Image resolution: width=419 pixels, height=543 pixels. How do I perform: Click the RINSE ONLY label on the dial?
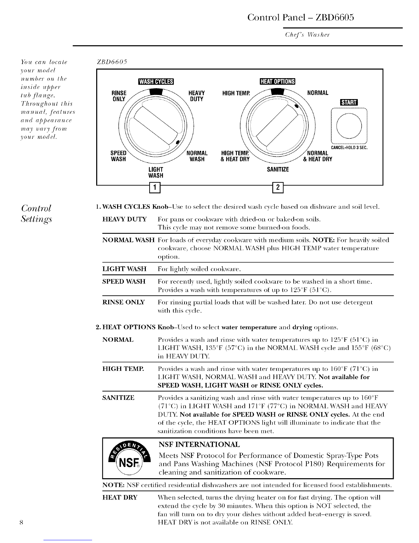(119, 96)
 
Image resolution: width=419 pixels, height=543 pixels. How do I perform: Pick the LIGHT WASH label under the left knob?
(156, 172)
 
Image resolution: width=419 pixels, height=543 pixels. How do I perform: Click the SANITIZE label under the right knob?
(278, 169)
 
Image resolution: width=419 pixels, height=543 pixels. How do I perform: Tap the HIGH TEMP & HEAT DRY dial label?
(236, 156)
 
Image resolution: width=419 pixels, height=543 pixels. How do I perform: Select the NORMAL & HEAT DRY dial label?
(317, 156)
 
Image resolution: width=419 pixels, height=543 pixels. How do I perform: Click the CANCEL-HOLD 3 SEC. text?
(351, 148)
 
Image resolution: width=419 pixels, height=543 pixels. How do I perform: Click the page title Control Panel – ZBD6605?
(300, 17)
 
